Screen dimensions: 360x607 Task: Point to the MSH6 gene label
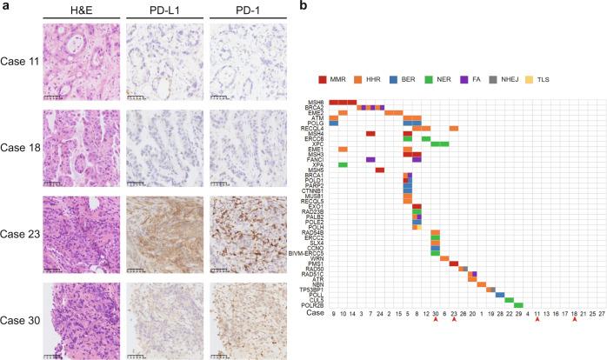tap(317, 102)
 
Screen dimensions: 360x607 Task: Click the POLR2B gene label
tap(315, 305)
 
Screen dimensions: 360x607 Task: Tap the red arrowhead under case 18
tap(574, 321)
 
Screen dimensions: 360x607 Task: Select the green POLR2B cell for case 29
tap(518, 305)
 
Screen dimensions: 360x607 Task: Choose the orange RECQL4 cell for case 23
tap(454, 128)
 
